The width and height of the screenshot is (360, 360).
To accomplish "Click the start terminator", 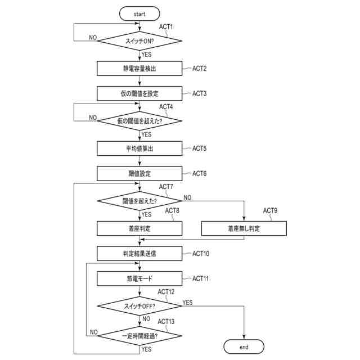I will pos(139,13).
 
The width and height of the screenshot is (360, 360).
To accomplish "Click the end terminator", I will pos(244,347).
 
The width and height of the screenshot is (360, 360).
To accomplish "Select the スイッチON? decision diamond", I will pos(139,40).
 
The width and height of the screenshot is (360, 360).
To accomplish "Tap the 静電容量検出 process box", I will pos(139,69).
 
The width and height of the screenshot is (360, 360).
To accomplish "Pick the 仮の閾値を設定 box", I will pos(139,93).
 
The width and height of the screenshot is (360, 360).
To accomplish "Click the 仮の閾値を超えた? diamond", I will pos(139,120).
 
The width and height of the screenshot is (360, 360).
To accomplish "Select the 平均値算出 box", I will pos(139,148).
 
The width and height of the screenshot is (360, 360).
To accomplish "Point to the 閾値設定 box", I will pos(139,173).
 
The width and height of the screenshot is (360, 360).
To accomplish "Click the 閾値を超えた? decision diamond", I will pos(139,200).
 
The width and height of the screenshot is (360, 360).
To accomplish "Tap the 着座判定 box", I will pos(139,229).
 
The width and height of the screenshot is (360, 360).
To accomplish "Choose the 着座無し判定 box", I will pos(244,229).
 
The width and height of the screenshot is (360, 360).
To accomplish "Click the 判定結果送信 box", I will pos(139,254).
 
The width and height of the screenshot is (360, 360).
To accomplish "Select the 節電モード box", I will pos(139,278).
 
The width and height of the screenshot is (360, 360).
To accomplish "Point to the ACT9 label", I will pos(271,210).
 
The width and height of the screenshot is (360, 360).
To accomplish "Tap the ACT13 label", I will pos(167,321).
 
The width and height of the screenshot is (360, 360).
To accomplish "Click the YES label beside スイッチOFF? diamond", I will pos(188,303).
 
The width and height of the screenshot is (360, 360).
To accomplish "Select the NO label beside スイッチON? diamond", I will pos(93,37).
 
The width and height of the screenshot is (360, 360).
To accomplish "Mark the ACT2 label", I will pos(200,69).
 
